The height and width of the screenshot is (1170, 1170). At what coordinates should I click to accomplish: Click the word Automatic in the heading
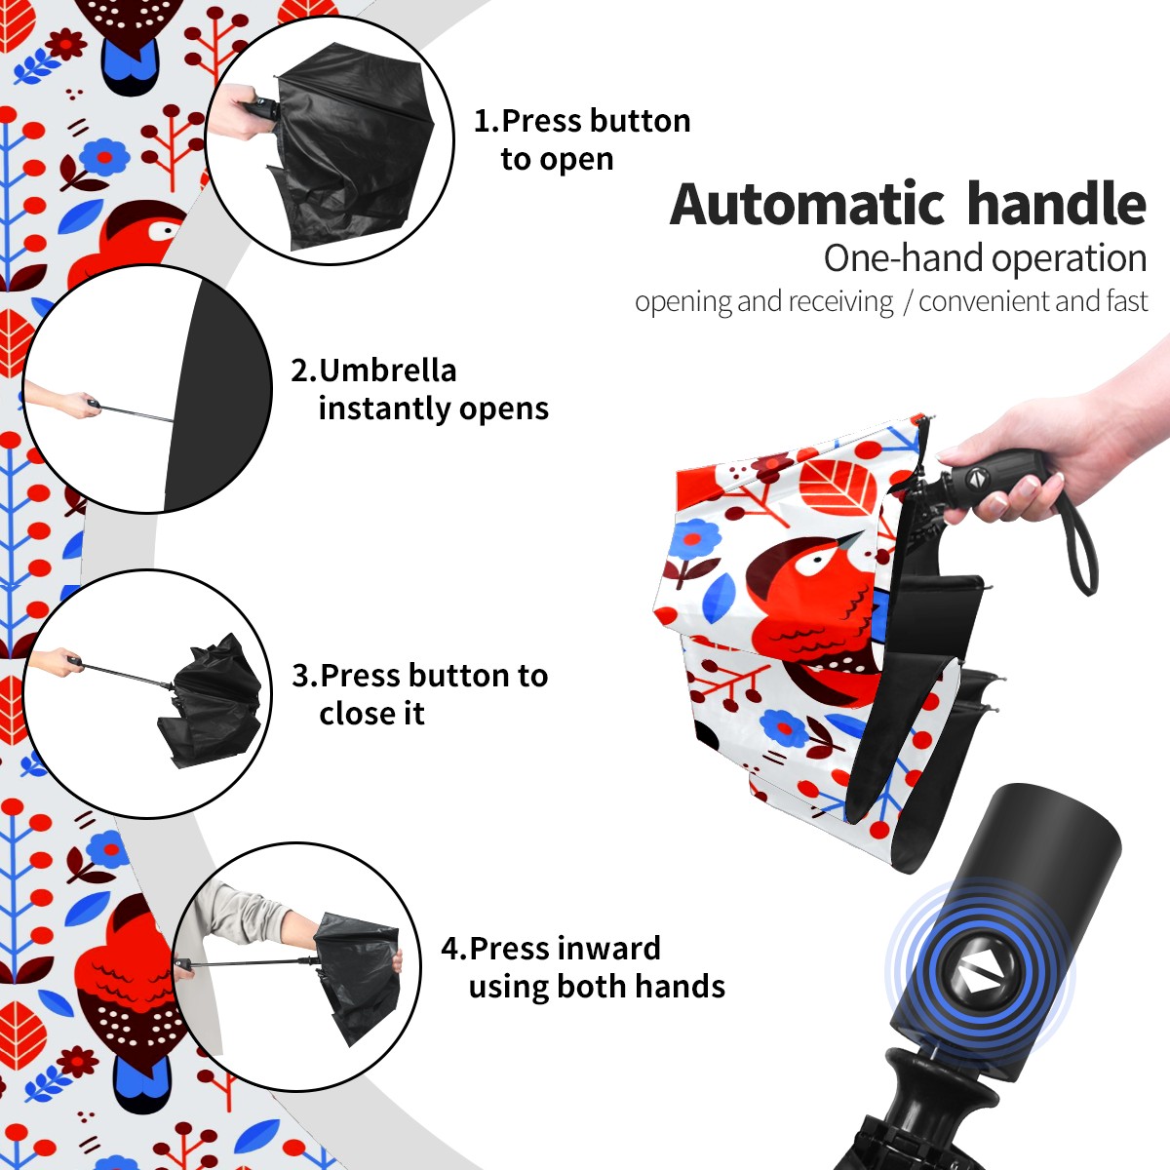[807, 204]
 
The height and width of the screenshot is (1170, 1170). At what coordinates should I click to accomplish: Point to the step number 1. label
[487, 121]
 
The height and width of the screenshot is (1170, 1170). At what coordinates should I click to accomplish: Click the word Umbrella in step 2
[387, 370]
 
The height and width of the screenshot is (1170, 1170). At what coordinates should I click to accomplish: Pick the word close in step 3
[357, 713]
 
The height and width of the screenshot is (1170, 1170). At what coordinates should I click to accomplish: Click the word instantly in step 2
[380, 408]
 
